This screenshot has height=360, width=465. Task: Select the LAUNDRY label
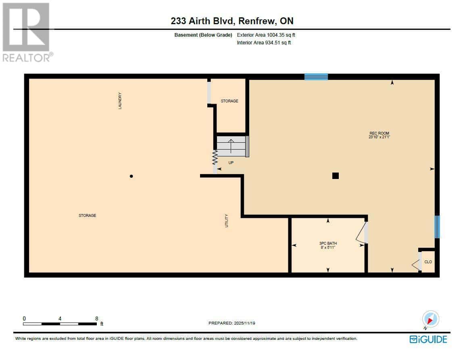120,101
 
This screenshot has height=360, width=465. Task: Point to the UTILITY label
227,221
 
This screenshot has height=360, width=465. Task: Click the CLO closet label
428,262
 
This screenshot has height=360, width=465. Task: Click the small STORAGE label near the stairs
229,101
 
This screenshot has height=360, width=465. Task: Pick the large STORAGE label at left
87,216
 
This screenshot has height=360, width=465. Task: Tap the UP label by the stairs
231,163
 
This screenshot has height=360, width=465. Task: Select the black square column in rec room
335,175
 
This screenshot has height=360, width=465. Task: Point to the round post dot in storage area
131,176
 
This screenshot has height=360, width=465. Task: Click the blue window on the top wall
316,77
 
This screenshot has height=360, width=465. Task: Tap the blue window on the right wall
437,227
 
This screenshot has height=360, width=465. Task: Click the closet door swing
416,264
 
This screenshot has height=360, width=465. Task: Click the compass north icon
430,319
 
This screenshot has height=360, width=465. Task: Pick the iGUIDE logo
428,339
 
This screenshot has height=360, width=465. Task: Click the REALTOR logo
27,32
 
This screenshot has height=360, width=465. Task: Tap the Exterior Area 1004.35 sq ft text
269,35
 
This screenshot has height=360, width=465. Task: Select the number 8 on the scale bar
96,318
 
